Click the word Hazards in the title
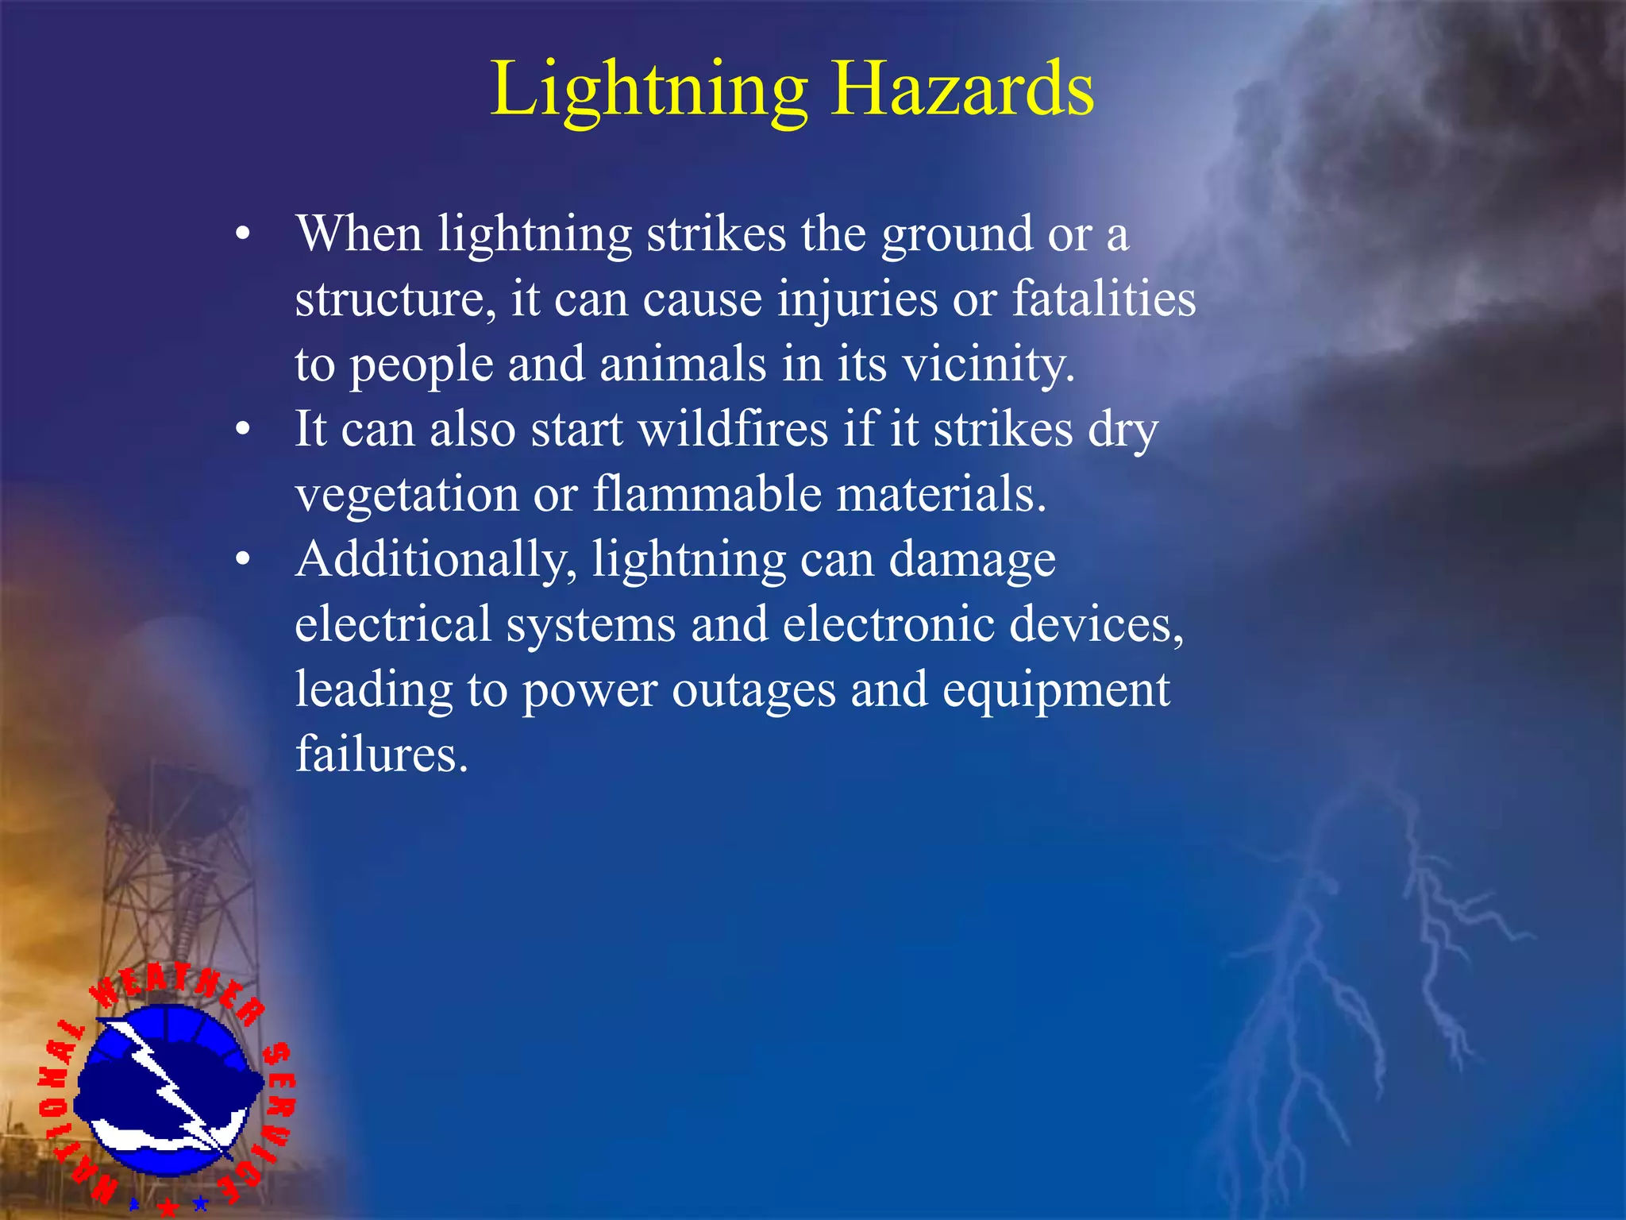(x=962, y=89)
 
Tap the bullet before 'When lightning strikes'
(x=243, y=234)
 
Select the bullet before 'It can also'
(x=243, y=430)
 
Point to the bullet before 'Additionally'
(x=243, y=560)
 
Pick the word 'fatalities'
(x=1104, y=299)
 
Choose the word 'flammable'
(x=707, y=494)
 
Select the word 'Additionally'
(x=436, y=560)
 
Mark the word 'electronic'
(x=888, y=624)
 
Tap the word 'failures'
(x=381, y=754)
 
